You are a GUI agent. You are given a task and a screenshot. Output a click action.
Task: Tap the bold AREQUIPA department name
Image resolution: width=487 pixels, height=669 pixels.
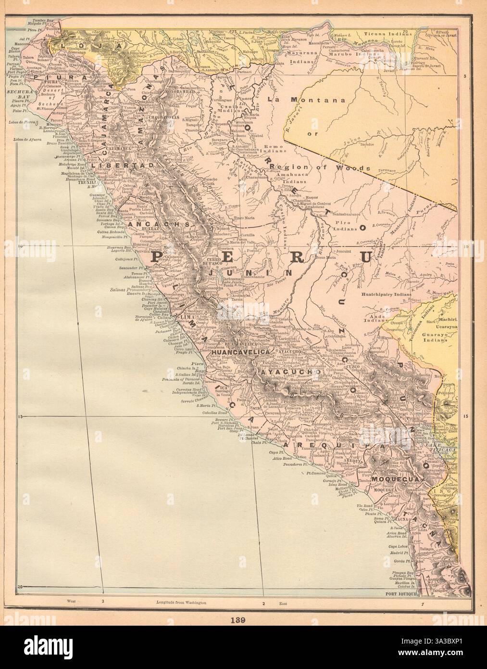click(x=317, y=445)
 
